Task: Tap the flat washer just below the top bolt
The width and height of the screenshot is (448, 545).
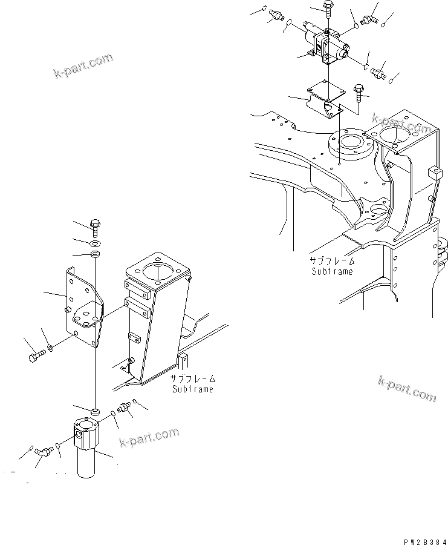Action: (95, 241)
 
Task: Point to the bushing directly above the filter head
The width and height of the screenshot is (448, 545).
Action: (96, 412)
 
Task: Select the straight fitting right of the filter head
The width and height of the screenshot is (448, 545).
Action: (125, 408)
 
